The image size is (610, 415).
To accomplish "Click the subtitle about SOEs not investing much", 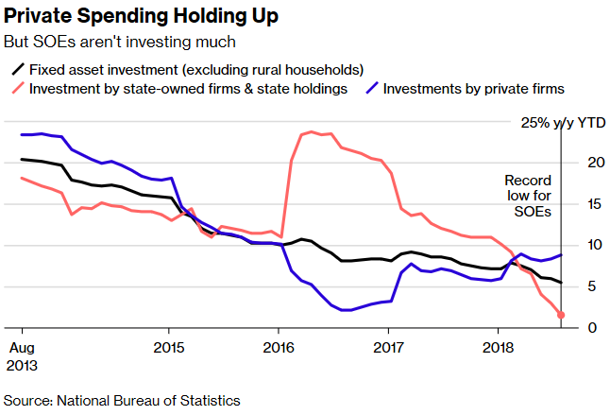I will tap(120, 43).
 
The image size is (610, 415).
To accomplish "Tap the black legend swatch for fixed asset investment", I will tap(18, 70).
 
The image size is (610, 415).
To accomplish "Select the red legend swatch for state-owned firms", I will tap(18, 89).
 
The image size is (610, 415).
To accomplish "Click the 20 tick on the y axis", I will tap(582, 164).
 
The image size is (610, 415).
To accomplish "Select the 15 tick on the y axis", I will tap(582, 204).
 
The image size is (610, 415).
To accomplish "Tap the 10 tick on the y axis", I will tap(582, 246).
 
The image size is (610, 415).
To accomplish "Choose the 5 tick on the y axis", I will tap(586, 287).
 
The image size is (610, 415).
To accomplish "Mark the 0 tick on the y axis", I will tap(586, 328).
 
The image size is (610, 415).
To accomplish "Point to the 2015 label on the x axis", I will tap(169, 347).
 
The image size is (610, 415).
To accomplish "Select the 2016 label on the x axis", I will tap(279, 347).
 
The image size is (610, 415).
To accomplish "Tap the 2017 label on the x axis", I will tap(388, 347).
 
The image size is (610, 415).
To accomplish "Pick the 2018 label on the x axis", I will tap(498, 347).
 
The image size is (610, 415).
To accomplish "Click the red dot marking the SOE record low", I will tap(561, 316).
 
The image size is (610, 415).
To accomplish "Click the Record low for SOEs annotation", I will tap(528, 196).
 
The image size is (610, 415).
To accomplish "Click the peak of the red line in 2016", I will tap(311, 131).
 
